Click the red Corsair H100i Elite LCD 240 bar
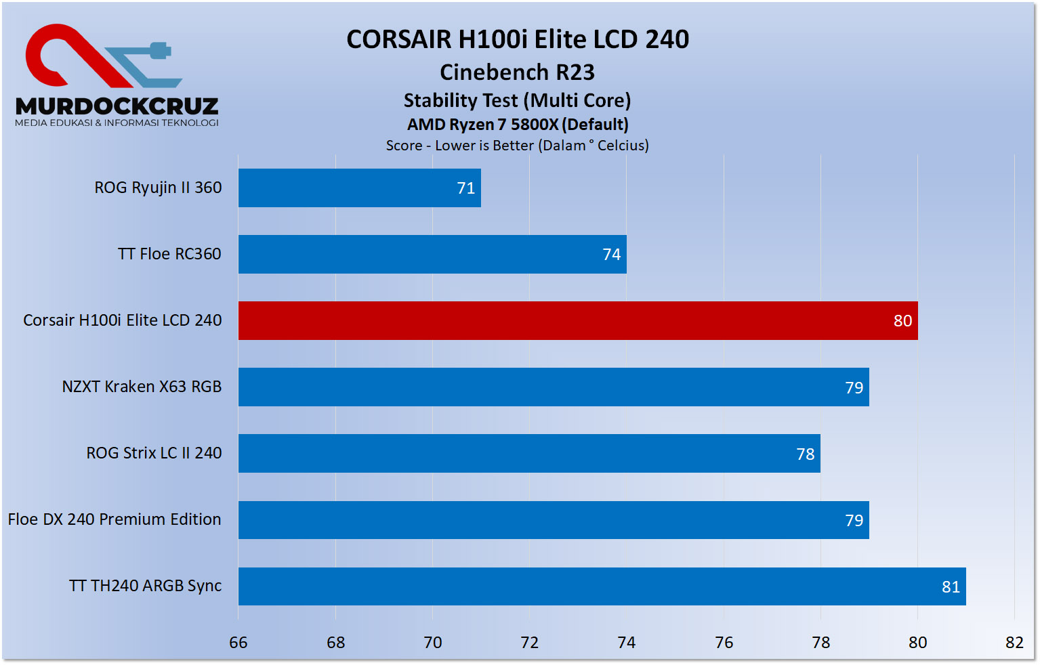click(x=577, y=320)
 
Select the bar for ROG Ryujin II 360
click(x=359, y=188)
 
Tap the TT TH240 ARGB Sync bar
click(x=602, y=586)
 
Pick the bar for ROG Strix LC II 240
click(x=528, y=453)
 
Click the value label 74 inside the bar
click(x=611, y=255)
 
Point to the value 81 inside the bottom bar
click(x=951, y=587)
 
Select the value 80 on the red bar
click(x=902, y=321)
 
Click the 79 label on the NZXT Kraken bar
click(x=854, y=388)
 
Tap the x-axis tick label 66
click(x=238, y=643)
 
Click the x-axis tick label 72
click(x=529, y=643)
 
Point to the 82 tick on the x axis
click(x=1014, y=643)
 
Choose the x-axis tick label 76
click(x=724, y=643)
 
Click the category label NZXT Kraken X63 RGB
click(x=142, y=387)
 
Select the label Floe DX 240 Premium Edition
click(x=115, y=519)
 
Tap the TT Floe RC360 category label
click(x=169, y=254)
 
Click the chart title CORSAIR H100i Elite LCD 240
click(x=518, y=39)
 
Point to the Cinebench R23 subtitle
click(x=517, y=72)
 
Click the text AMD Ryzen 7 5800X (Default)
click(x=518, y=125)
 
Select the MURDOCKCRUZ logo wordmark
click(x=117, y=106)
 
